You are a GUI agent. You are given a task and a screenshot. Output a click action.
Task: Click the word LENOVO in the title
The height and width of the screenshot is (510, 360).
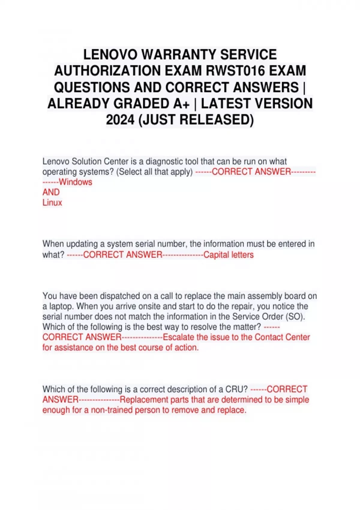click(x=110, y=55)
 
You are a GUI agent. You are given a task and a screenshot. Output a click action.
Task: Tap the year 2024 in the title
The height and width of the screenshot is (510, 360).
click(x=120, y=120)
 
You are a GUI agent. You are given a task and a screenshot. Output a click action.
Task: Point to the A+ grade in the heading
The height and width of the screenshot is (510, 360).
click(x=181, y=103)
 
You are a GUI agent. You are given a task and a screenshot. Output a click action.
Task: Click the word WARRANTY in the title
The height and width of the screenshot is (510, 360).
click(x=179, y=55)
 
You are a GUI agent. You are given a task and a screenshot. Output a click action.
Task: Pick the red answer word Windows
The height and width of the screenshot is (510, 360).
click(x=76, y=182)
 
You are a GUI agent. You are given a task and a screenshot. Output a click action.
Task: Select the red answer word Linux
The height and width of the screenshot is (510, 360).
click(x=52, y=202)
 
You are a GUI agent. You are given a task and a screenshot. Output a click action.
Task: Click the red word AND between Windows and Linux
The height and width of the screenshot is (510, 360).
click(x=51, y=192)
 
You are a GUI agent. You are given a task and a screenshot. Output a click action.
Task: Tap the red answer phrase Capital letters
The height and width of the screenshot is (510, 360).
click(x=228, y=255)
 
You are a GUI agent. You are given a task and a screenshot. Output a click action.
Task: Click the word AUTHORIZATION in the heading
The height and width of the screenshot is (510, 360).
click(x=107, y=71)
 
